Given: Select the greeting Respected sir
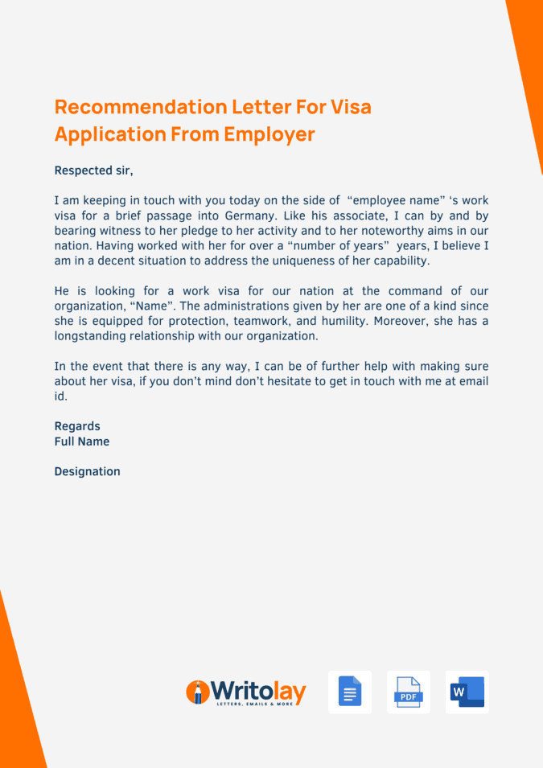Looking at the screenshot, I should [93, 170].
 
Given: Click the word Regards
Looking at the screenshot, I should [77, 426].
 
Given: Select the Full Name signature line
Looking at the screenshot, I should [82, 441].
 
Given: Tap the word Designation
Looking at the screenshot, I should [87, 472].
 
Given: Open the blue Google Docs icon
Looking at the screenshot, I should [350, 692].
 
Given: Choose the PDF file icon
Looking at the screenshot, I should [409, 692].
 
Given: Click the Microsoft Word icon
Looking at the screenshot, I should [467, 692].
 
